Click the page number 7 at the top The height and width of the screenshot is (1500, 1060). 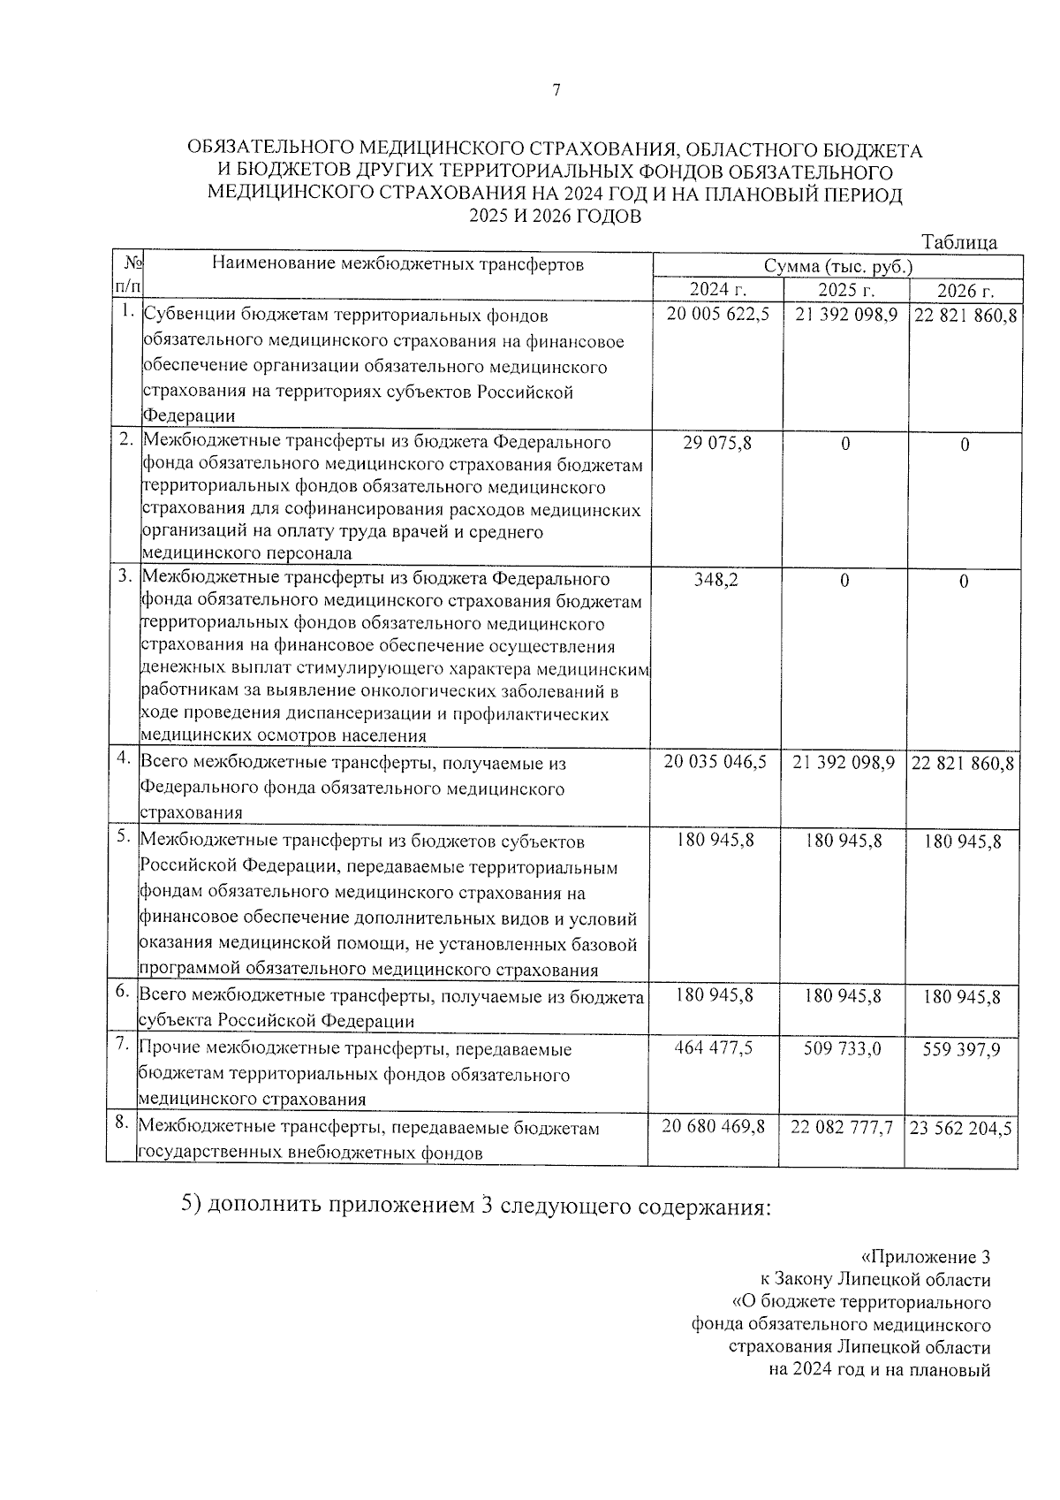(x=556, y=90)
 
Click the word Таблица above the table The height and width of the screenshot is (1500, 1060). (x=959, y=242)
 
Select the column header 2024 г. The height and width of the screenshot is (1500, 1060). (x=717, y=290)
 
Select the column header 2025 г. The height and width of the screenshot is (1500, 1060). (x=845, y=290)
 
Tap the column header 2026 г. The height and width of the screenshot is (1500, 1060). (x=965, y=291)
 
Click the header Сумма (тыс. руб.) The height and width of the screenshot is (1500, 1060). (x=838, y=266)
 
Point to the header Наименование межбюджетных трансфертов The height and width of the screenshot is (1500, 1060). (x=397, y=263)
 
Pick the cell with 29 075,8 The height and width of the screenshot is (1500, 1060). (x=717, y=442)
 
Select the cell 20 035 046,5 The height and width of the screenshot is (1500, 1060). (x=715, y=762)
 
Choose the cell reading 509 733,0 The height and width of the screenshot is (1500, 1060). (x=843, y=1048)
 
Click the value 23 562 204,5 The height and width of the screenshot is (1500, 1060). (x=961, y=1129)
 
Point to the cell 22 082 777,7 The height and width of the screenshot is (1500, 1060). (x=843, y=1128)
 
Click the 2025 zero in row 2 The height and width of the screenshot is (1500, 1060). (x=845, y=444)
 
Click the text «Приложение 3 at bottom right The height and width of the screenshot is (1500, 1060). (x=925, y=1257)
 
